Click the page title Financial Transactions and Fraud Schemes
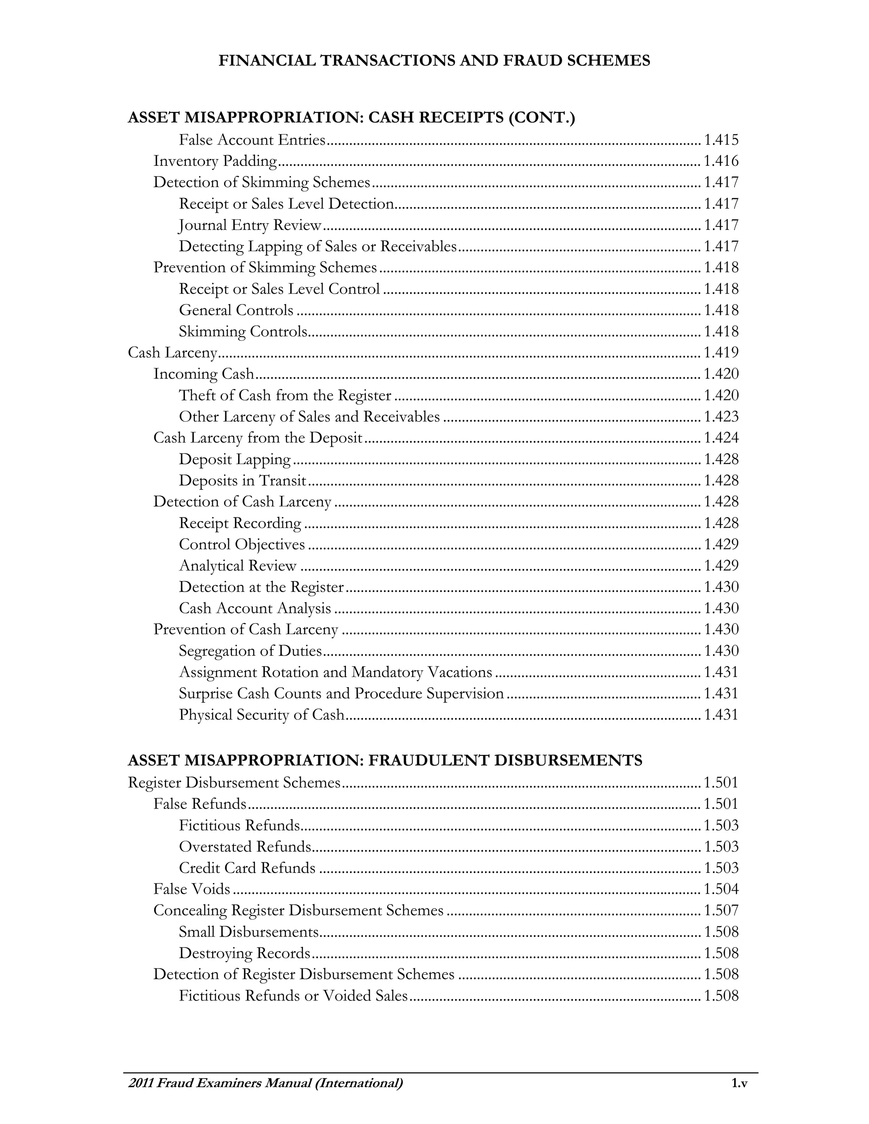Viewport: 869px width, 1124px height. [434, 61]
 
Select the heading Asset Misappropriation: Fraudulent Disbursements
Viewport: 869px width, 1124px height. [384, 760]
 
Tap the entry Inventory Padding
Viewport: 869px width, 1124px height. [215, 162]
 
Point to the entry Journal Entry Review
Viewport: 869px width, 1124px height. [250, 225]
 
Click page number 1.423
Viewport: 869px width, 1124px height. [721, 417]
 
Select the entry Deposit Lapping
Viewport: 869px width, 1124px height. [235, 459]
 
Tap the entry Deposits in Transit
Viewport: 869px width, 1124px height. [242, 480]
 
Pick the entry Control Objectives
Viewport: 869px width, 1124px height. [242, 545]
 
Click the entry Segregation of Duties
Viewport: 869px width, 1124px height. [250, 651]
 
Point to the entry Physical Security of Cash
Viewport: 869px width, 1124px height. [261, 715]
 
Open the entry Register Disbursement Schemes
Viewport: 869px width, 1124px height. [234, 783]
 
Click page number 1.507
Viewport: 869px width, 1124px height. [721, 910]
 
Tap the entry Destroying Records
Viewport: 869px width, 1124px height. [244, 953]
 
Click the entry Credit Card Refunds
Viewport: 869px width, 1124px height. [247, 868]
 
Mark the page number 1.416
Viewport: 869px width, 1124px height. [721, 162]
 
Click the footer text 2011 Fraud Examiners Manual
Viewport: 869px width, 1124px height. [265, 1083]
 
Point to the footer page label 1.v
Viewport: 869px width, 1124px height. [739, 1083]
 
